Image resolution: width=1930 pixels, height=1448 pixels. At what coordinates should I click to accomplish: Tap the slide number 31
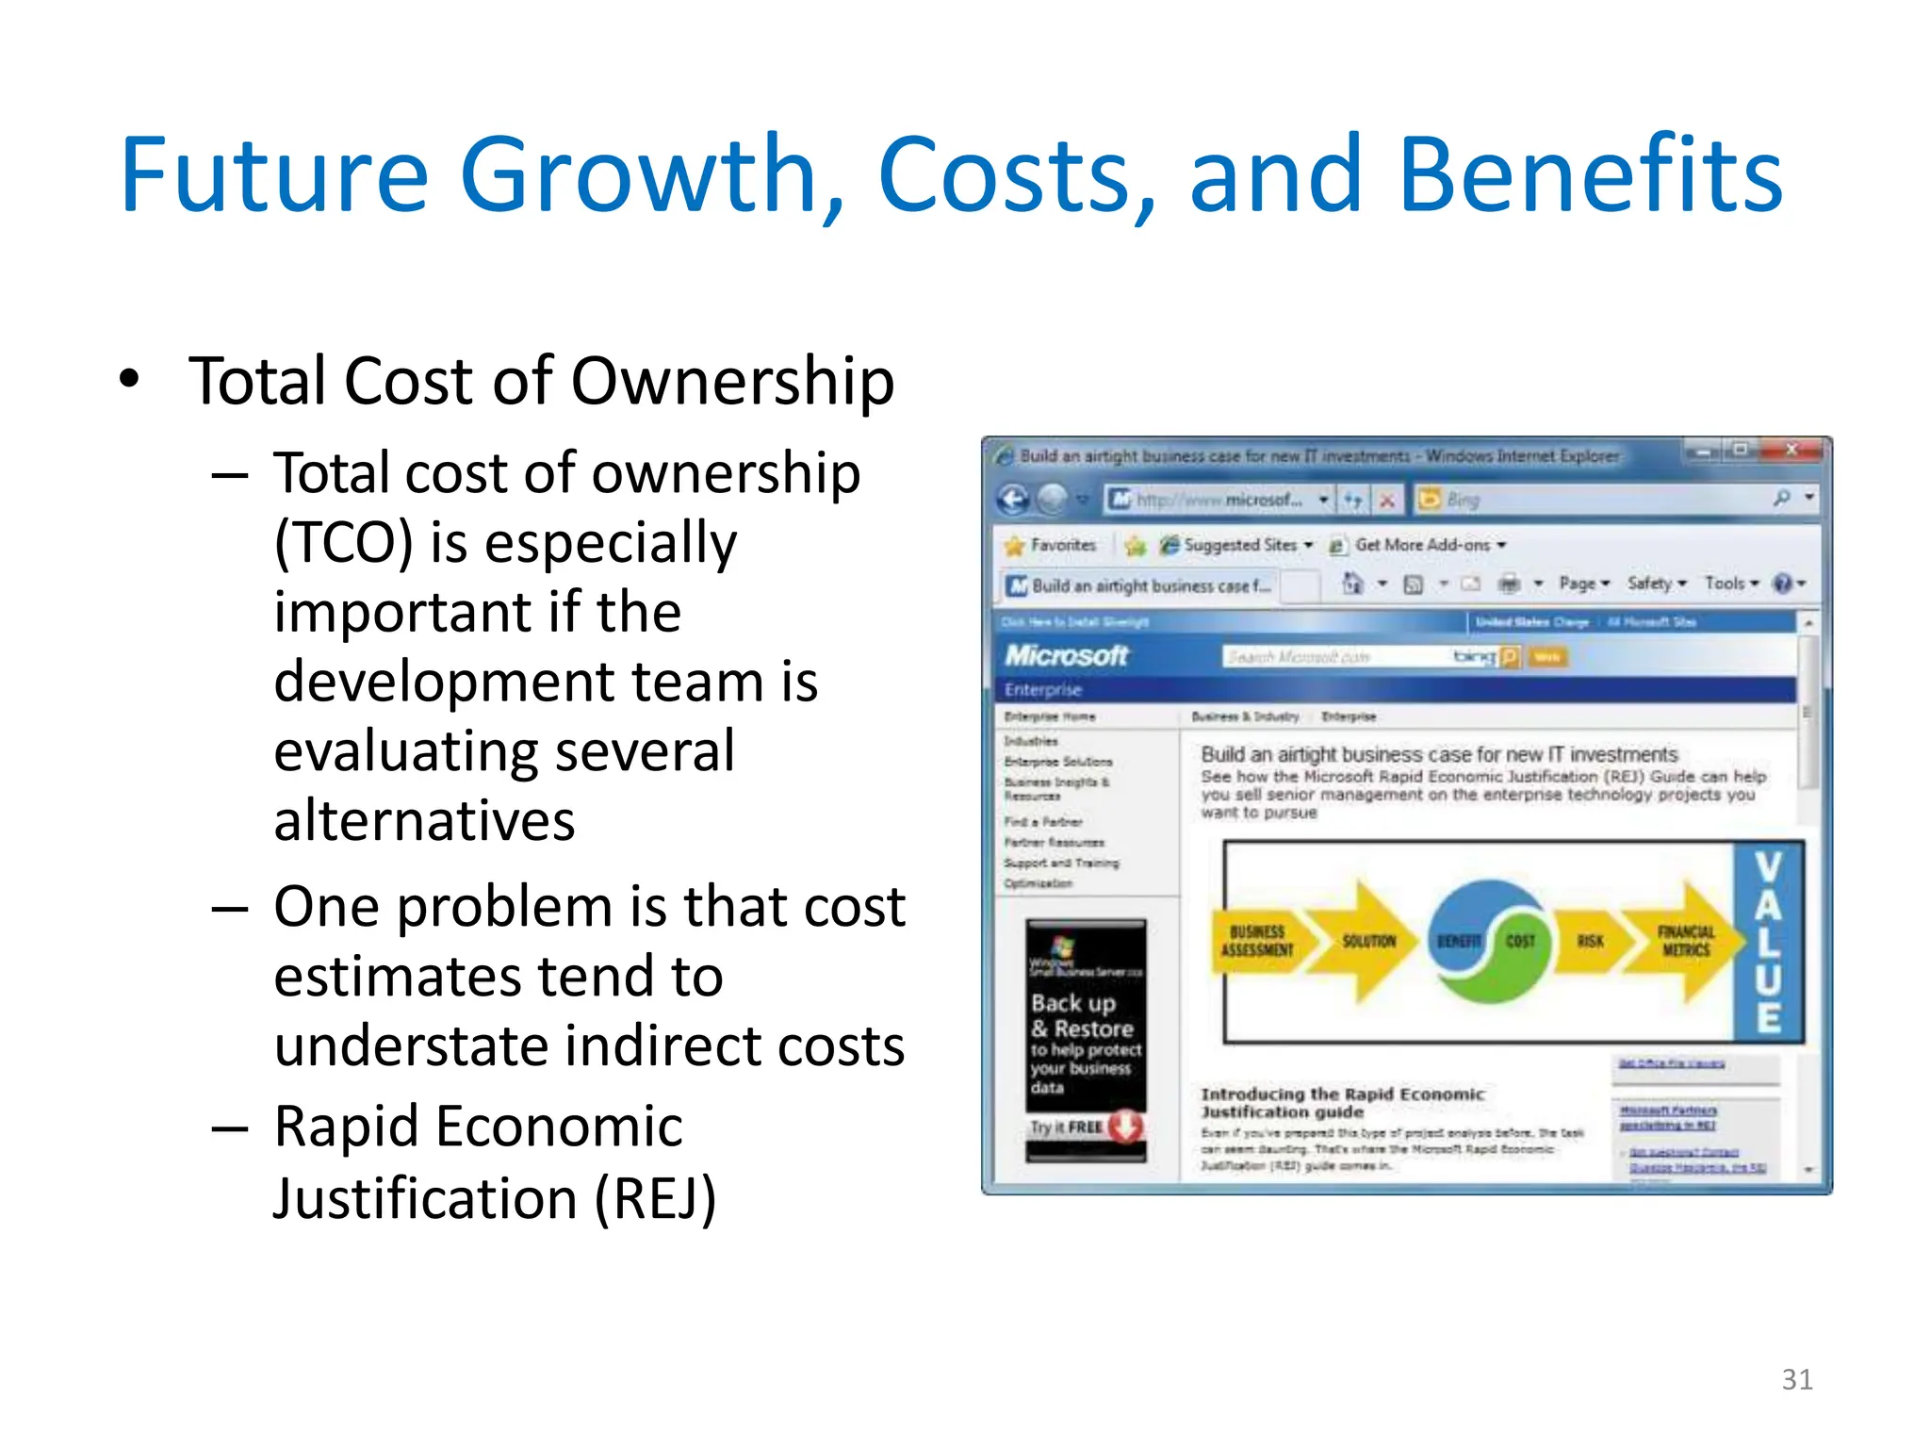click(1796, 1379)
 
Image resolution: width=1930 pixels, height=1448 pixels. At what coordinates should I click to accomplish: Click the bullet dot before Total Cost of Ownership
click(129, 379)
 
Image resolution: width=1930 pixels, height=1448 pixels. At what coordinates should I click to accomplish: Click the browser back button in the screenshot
click(1013, 499)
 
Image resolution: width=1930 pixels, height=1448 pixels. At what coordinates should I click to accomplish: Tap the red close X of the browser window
click(1791, 451)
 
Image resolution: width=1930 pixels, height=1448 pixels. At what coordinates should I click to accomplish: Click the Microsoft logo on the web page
click(1066, 655)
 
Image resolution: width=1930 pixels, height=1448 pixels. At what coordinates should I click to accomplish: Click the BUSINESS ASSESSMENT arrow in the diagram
click(1257, 941)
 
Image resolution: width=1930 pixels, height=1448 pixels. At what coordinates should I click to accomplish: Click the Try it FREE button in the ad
click(1085, 1127)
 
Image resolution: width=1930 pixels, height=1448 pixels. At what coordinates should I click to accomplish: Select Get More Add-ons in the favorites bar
click(1421, 545)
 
